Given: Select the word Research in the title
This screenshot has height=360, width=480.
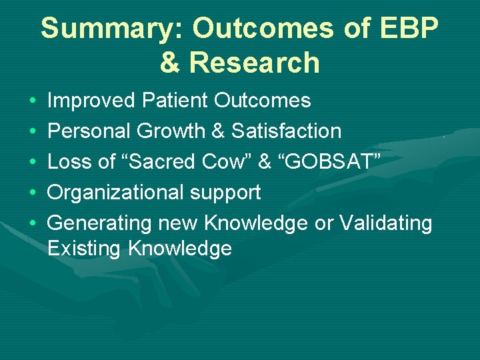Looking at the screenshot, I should (x=255, y=63).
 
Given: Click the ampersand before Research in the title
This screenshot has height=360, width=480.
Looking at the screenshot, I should (x=171, y=63).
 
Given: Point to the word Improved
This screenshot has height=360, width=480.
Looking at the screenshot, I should (x=92, y=101).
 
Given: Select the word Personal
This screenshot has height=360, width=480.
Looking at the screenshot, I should (x=91, y=131).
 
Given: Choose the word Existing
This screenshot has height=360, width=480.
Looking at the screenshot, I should (x=85, y=249).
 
